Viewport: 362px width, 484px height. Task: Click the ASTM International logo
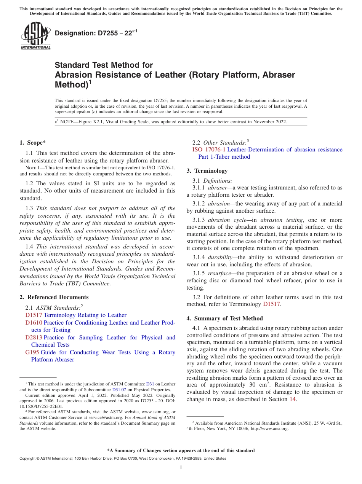(x=35, y=36)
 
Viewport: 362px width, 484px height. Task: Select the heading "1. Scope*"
(x=32, y=143)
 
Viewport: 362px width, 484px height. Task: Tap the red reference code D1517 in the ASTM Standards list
(x=34, y=315)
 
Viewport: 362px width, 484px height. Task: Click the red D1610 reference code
(x=34, y=323)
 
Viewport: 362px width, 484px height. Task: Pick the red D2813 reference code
(x=34, y=338)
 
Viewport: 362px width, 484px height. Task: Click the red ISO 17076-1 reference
(x=209, y=150)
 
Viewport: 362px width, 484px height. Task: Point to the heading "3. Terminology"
(x=207, y=171)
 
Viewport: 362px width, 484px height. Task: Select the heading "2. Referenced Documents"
(x=54, y=297)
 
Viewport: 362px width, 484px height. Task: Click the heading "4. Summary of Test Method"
(x=224, y=318)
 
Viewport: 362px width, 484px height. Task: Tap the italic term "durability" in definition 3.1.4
(x=221, y=258)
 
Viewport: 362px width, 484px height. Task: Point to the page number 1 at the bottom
(x=181, y=468)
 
